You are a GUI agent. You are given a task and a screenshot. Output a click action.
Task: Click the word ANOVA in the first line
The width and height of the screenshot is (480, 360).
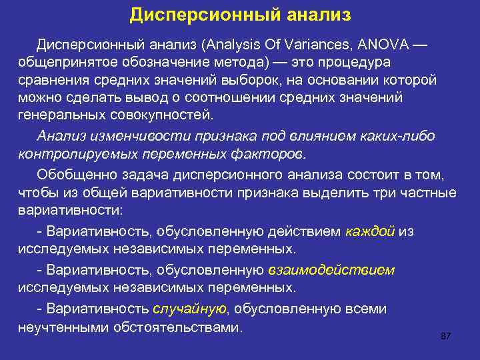tap(383, 44)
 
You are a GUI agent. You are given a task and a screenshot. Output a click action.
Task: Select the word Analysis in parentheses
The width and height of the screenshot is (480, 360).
tap(235, 44)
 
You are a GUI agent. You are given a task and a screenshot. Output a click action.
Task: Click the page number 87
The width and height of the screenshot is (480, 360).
tap(446, 336)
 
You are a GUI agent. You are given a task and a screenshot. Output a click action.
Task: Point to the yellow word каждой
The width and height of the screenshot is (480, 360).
tap(371, 231)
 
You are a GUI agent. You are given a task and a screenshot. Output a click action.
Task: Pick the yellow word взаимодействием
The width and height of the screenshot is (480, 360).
tap(331, 270)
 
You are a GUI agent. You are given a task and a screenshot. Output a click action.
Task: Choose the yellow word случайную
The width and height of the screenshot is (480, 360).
tap(190, 309)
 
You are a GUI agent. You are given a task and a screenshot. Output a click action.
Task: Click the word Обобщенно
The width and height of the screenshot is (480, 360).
tap(71, 175)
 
